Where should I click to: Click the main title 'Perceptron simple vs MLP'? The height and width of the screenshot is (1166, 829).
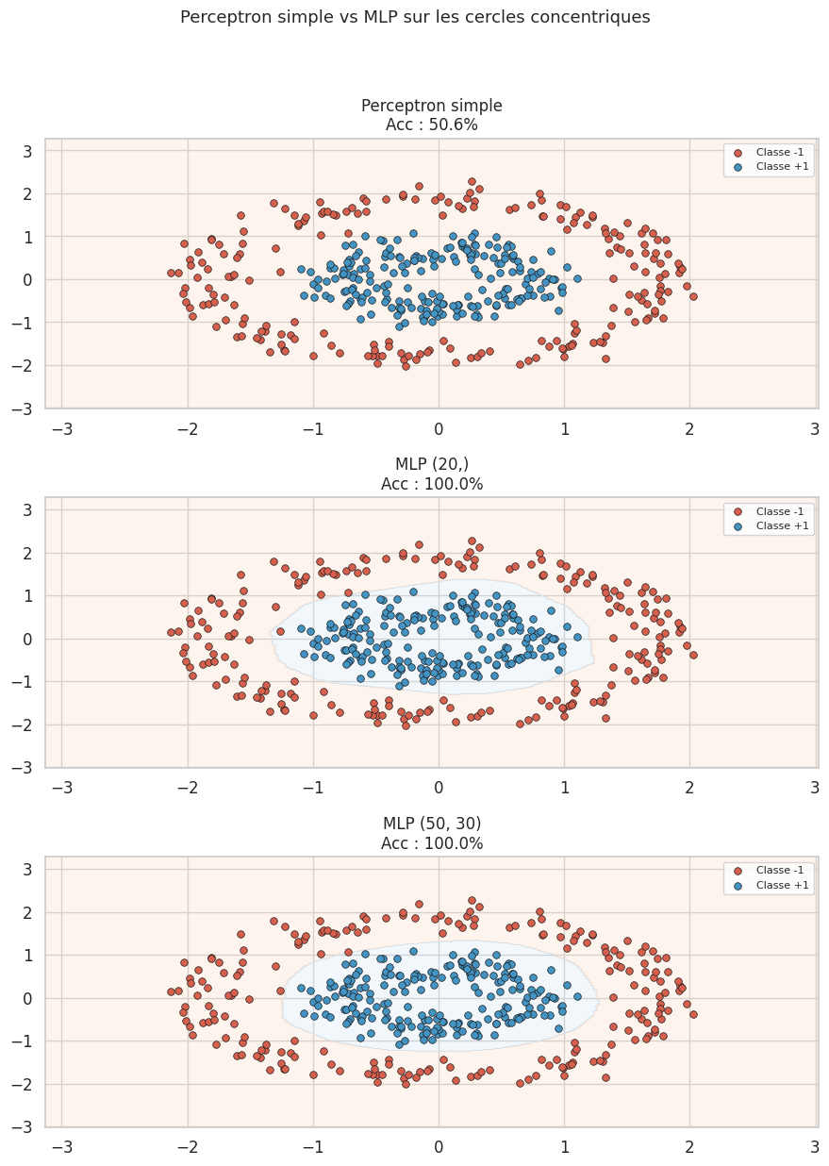pos(414,17)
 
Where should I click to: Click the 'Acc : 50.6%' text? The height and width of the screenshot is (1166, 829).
pos(431,125)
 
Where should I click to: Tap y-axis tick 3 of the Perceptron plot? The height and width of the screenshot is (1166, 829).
pos(27,151)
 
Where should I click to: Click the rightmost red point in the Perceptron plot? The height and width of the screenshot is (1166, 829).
pos(693,296)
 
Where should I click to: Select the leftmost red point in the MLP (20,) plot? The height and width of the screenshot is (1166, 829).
pos(171,632)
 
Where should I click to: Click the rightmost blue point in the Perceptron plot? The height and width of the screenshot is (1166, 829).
pos(577,278)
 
